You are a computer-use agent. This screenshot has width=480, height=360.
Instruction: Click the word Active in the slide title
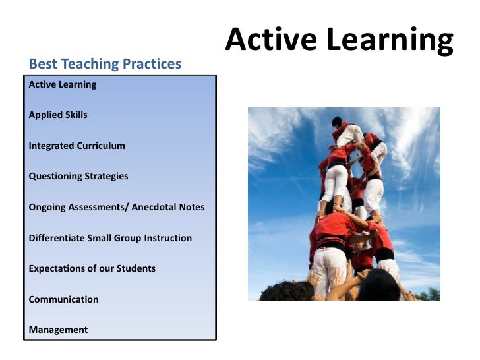(266, 41)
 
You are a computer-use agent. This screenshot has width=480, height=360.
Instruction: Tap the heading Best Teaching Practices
(105, 64)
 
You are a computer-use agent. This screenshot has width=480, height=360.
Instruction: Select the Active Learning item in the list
(63, 84)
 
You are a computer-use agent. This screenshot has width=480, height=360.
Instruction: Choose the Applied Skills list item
(58, 115)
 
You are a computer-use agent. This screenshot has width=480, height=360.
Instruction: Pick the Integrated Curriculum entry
(76, 146)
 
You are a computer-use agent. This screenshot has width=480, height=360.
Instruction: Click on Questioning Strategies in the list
(78, 176)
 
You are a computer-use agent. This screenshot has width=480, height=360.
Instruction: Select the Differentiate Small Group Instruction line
(110, 237)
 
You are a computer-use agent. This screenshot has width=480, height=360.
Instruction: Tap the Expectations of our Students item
(92, 268)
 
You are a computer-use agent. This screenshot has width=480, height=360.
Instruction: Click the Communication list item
(63, 299)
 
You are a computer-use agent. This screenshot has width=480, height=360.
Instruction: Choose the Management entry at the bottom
(58, 330)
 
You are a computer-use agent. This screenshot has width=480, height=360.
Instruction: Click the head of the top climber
(337, 121)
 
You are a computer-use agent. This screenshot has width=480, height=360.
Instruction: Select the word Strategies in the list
(106, 176)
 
